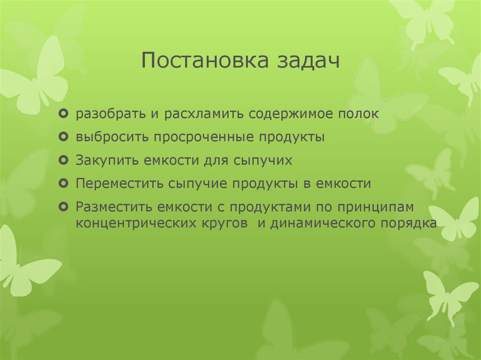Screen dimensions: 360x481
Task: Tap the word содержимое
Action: [x=288, y=115]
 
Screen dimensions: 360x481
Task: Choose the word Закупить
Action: [x=101, y=161]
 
